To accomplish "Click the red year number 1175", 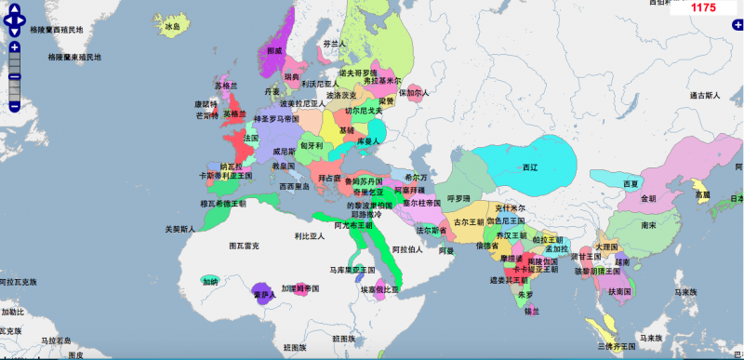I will (x=703, y=7).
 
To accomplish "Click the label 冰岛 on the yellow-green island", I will (x=172, y=28).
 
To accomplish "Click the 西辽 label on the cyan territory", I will (x=530, y=167).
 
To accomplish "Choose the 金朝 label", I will (x=648, y=198).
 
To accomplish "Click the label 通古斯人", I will (x=705, y=95).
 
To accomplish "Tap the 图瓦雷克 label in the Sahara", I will (x=243, y=246).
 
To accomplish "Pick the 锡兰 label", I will (x=532, y=312).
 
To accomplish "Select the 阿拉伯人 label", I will (x=407, y=249).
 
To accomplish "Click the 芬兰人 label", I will (x=334, y=44).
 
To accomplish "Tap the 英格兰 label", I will (x=234, y=113).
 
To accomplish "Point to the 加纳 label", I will (x=208, y=281).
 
